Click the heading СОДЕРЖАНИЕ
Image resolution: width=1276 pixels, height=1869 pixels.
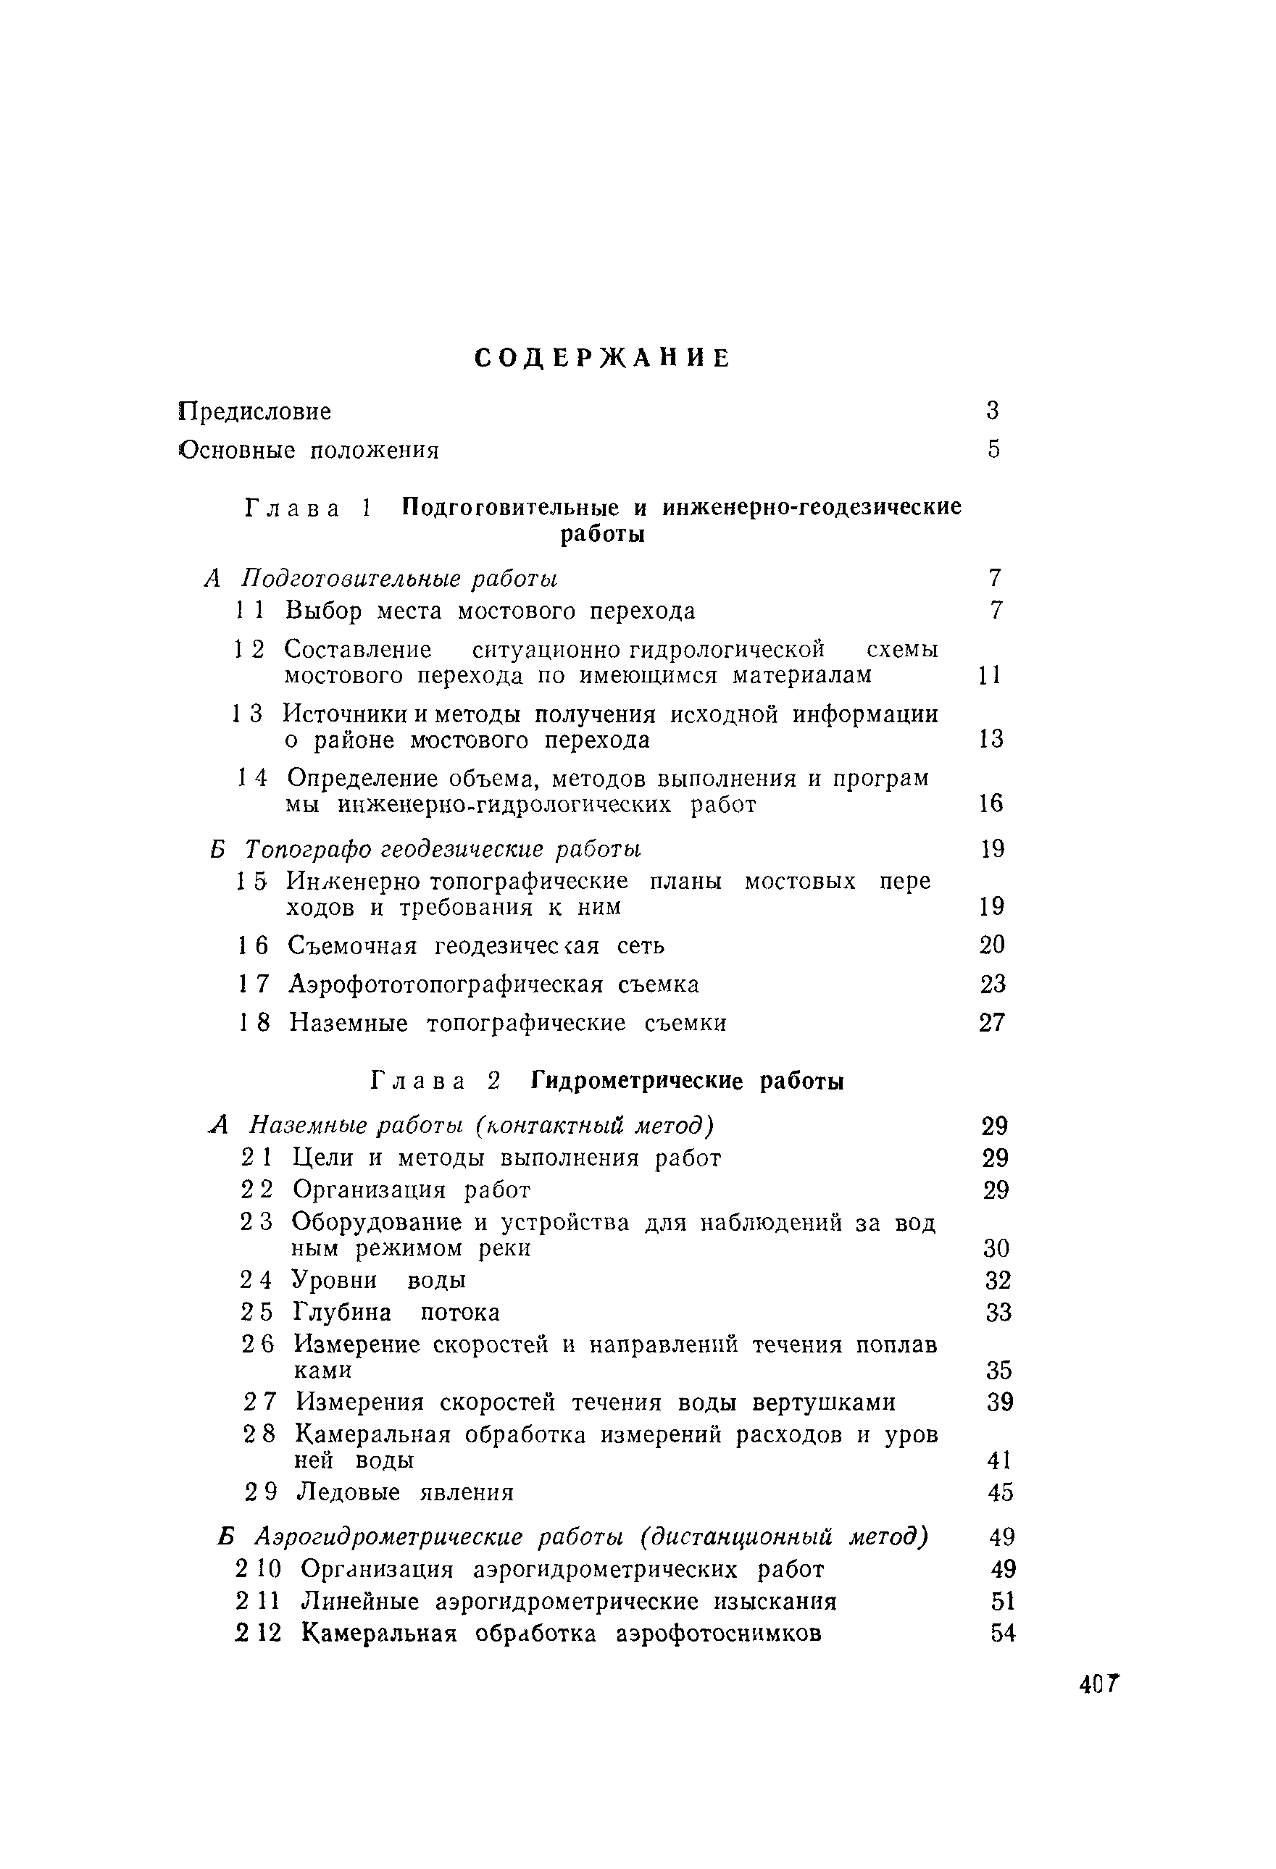603,358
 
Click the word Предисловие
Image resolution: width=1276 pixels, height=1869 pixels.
254,411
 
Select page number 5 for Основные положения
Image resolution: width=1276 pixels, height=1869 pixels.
993,448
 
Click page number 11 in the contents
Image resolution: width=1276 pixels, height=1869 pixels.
990,674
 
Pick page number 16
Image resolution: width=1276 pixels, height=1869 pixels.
991,803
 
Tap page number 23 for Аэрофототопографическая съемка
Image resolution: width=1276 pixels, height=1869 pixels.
993,984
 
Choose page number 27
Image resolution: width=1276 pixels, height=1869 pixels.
992,1022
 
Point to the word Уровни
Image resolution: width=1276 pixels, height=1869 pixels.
334,1279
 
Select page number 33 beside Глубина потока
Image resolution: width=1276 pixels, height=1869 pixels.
998,1313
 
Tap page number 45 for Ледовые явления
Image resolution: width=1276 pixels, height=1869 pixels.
1000,1492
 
